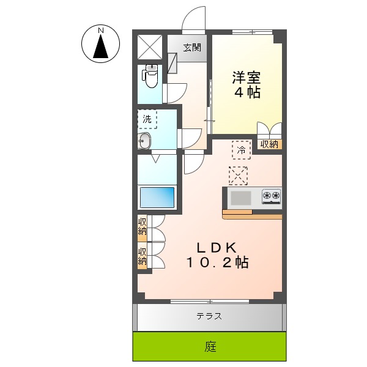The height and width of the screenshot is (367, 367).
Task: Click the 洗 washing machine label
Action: pos(147,119)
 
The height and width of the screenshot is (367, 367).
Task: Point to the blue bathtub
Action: pos(157,198)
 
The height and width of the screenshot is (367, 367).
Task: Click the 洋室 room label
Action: pos(247,78)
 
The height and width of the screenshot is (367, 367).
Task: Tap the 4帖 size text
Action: pos(247,93)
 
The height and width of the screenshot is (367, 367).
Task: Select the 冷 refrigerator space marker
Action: pos(241,149)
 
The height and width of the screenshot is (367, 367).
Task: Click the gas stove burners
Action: pos(271,196)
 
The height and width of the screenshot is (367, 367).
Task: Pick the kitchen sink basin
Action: pos(240,197)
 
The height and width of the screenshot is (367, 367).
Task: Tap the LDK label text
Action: pos(216,248)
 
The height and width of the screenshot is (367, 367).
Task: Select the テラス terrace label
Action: pos(209,316)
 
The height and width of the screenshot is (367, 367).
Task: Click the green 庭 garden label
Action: pos(210,347)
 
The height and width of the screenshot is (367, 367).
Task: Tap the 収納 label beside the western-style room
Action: pos(269,144)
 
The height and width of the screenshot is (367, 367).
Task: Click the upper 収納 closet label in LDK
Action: pos(142,227)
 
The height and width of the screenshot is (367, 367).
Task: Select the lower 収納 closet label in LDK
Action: pos(142,256)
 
